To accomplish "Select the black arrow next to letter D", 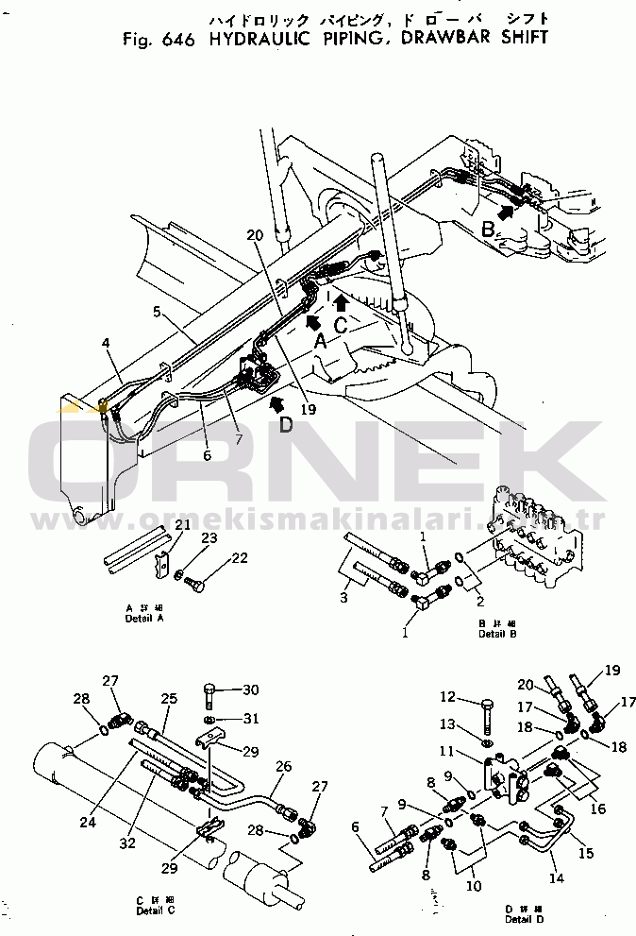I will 276,404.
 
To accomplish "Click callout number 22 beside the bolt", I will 240,557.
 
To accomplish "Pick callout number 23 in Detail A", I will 209,537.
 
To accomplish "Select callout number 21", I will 182,525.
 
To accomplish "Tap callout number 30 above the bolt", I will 251,688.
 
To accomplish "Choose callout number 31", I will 251,719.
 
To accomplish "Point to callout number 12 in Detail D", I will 448,697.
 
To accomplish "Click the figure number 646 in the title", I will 178,41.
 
